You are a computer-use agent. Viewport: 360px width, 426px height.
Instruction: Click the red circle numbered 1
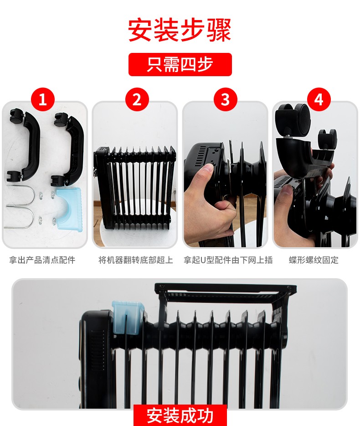(x=43, y=99)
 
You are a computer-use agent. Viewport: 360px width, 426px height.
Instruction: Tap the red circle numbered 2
(x=137, y=99)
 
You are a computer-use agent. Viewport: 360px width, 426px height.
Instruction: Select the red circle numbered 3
(x=225, y=99)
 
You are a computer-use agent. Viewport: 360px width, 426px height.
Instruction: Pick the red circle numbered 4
(x=319, y=99)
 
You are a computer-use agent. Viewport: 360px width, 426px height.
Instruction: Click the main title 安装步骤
(x=180, y=30)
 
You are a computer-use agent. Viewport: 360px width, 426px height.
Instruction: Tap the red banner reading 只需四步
(x=180, y=64)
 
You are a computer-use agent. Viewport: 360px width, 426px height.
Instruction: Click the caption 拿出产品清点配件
(x=42, y=260)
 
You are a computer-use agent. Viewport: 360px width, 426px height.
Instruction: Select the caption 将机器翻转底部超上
(x=136, y=260)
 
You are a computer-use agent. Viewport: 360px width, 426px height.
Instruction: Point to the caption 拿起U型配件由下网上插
(x=228, y=260)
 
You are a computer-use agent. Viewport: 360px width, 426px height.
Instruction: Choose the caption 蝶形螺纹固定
(x=314, y=260)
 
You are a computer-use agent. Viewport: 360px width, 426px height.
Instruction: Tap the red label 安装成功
(x=180, y=416)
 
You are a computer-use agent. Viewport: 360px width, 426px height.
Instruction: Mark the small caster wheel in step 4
(x=327, y=139)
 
